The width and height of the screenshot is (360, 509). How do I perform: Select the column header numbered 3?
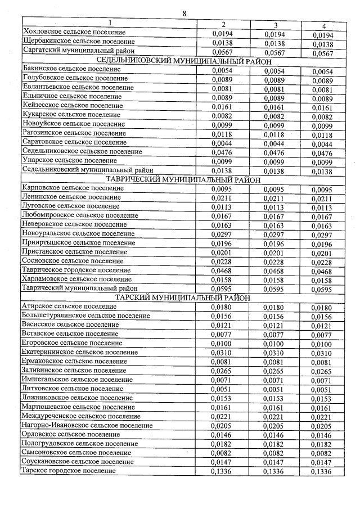(x=276, y=25)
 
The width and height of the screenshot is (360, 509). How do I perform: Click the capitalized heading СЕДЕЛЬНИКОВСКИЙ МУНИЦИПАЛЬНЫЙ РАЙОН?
(x=184, y=61)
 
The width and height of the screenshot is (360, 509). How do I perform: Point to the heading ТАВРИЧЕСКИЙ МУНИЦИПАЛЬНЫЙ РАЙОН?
(x=184, y=180)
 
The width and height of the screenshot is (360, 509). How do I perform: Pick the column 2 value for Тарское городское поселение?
(x=222, y=472)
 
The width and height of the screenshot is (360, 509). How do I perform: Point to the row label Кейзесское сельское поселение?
(x=72, y=105)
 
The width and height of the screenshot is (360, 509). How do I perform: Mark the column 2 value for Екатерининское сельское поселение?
(x=222, y=353)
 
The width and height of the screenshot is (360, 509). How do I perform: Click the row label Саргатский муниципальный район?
(x=78, y=51)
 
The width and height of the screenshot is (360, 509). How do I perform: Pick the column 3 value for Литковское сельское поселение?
(x=275, y=389)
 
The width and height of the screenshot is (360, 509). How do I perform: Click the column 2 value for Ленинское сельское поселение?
(x=222, y=198)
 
